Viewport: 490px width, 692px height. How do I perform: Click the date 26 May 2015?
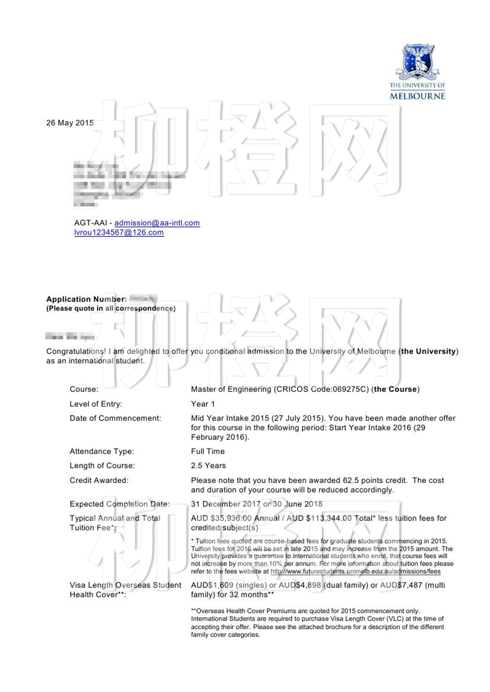click(x=70, y=123)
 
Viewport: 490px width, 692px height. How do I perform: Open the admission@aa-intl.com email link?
click(x=157, y=223)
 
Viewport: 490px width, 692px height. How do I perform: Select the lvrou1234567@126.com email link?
click(x=119, y=233)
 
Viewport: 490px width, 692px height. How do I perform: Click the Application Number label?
click(x=86, y=299)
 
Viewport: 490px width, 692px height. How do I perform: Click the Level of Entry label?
click(x=96, y=404)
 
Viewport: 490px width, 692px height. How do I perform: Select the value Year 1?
click(x=203, y=404)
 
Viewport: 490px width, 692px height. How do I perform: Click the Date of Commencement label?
click(x=115, y=418)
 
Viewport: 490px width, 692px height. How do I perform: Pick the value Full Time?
click(x=208, y=451)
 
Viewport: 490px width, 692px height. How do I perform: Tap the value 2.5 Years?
click(x=208, y=466)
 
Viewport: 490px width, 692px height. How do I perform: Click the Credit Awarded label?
click(x=99, y=480)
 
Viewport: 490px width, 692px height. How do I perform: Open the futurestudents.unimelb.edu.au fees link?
click(x=355, y=571)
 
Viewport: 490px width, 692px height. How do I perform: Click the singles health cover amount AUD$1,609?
click(x=212, y=585)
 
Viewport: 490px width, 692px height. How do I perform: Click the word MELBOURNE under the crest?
click(x=417, y=96)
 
